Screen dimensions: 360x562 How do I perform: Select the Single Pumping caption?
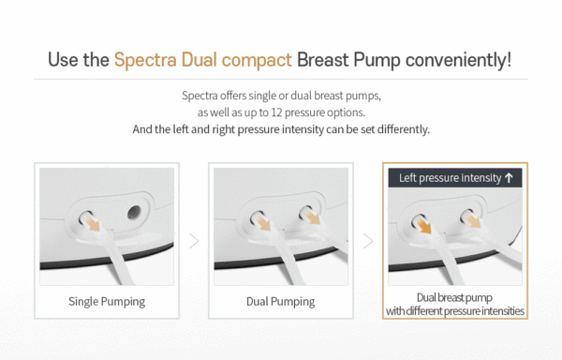tap(107, 301)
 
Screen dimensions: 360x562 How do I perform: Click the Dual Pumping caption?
tap(280, 301)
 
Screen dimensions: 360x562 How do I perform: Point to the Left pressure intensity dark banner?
tap(454, 177)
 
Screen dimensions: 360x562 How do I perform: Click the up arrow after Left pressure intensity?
tap(510, 177)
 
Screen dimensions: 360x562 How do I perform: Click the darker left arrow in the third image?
tap(423, 227)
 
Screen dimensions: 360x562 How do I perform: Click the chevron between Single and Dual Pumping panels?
tap(194, 240)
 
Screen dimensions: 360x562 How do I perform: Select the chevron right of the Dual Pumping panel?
tap(368, 240)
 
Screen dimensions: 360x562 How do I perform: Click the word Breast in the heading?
tap(327, 61)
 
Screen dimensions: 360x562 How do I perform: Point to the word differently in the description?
tap(405, 128)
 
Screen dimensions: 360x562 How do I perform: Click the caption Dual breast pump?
tap(454, 296)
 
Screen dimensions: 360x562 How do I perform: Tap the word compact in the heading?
tap(255, 61)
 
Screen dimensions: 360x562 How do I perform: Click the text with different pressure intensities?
tap(454, 310)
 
